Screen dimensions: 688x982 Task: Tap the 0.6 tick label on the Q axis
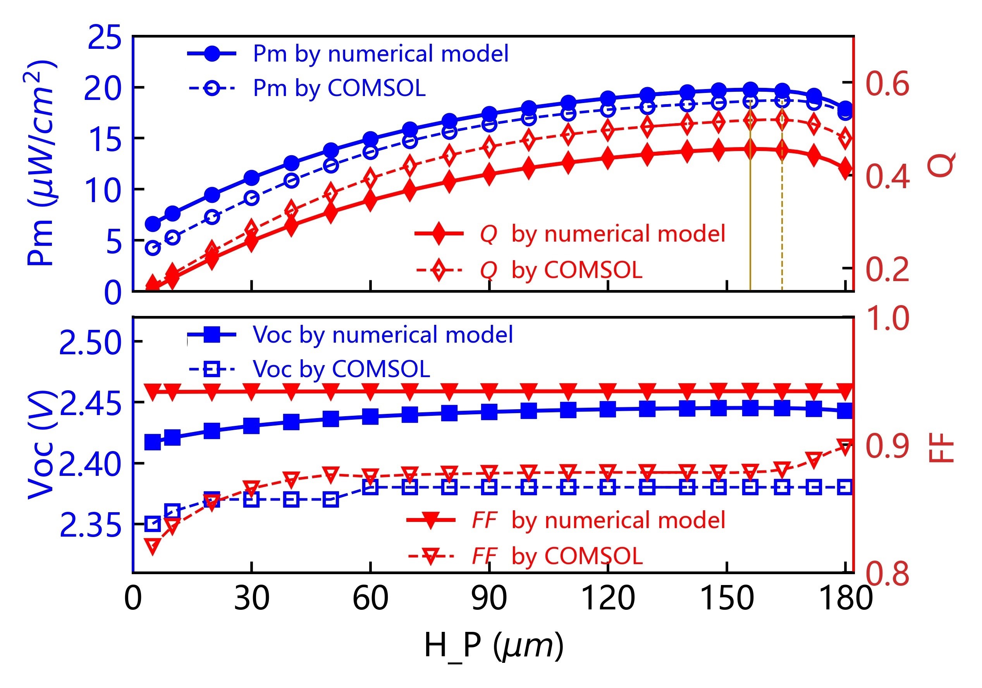pos(887,83)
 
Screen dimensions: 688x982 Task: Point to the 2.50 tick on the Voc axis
pos(91,343)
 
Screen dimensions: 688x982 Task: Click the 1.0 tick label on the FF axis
pos(887,319)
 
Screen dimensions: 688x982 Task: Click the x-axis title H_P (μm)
pos(494,646)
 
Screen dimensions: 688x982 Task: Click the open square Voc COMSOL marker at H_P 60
pos(370,487)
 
